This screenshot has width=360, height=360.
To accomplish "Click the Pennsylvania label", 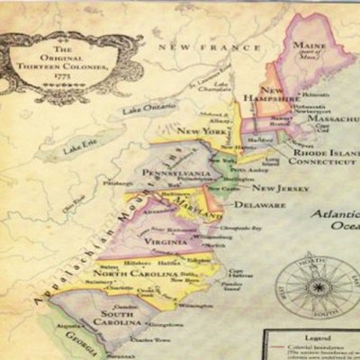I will pyautogui.click(x=173, y=167).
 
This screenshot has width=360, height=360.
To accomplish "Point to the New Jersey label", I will pyautogui.click(x=280, y=188).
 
